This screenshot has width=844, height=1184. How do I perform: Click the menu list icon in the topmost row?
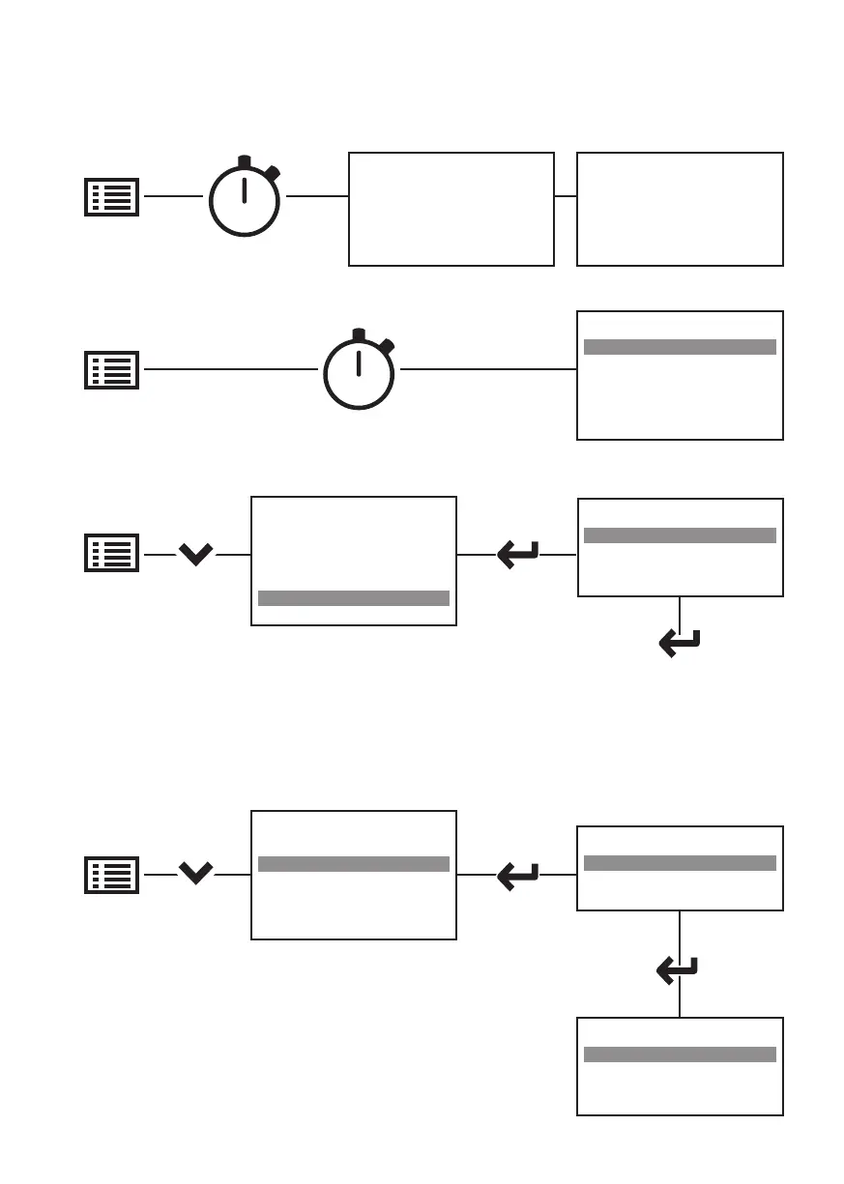[x=112, y=196]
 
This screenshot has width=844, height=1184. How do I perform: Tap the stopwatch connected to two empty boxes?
[x=245, y=200]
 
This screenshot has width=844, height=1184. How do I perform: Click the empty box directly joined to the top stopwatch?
[x=451, y=208]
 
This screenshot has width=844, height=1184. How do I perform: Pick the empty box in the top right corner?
[x=680, y=208]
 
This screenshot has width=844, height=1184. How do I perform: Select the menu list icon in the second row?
[x=112, y=369]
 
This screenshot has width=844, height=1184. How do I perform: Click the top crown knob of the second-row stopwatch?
[x=359, y=335]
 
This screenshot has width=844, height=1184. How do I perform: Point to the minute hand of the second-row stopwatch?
[x=359, y=362]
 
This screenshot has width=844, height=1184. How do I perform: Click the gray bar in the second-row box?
[x=680, y=347]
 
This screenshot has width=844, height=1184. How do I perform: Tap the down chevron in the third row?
[x=196, y=555]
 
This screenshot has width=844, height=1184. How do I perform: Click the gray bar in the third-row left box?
[x=354, y=598]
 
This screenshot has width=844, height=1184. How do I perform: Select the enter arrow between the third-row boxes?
[x=517, y=555]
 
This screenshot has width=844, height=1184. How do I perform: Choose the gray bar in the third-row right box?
[x=680, y=535]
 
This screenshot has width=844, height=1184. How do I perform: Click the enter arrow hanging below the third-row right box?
[x=680, y=643]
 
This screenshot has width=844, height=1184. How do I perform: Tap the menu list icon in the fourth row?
[x=112, y=874]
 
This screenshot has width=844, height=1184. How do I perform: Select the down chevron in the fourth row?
[x=196, y=874]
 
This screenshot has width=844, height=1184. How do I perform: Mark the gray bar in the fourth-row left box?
[x=354, y=864]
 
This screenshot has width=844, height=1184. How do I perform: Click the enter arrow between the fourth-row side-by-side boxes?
[x=517, y=875]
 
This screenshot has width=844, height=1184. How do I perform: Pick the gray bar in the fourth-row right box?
[x=680, y=863]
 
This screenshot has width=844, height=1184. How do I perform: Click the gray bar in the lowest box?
[x=680, y=1054]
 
